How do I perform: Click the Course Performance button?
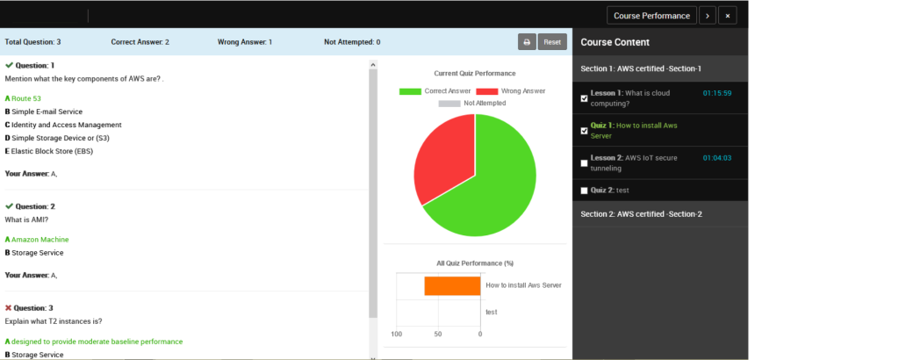(x=651, y=16)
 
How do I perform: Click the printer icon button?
(x=527, y=42)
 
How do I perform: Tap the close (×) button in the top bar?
(x=728, y=16)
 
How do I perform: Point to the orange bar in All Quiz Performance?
(x=452, y=286)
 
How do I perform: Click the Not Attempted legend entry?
(x=472, y=104)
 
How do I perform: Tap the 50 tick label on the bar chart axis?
(x=438, y=334)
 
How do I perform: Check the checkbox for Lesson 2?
(x=584, y=163)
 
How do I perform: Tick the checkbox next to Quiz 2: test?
(x=584, y=191)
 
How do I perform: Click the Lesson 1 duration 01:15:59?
(x=717, y=93)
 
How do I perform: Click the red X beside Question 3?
(x=9, y=308)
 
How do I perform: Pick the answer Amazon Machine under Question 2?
(x=37, y=240)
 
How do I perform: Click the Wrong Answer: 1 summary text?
(x=245, y=42)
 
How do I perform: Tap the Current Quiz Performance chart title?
(x=475, y=74)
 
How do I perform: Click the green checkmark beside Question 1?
(x=9, y=65)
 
